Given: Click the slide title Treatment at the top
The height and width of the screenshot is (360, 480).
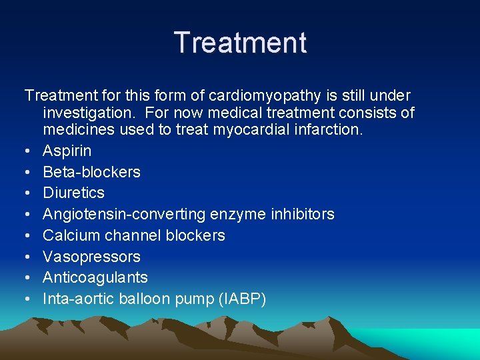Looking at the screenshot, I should click(240, 43).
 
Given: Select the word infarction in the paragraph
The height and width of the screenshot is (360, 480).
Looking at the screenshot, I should click(330, 129).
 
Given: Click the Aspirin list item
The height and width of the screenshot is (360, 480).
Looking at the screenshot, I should click(67, 151).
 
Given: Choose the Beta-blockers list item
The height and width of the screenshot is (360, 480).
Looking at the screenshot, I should click(91, 172).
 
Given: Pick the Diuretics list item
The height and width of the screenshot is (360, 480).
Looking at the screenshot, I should click(73, 193).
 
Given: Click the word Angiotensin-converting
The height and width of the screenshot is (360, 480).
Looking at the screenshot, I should click(125, 214).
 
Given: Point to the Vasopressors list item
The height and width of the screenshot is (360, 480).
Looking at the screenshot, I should click(91, 257).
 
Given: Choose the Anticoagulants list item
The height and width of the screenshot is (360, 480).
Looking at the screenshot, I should click(95, 277).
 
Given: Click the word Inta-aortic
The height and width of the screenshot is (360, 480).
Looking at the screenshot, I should click(78, 299).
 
